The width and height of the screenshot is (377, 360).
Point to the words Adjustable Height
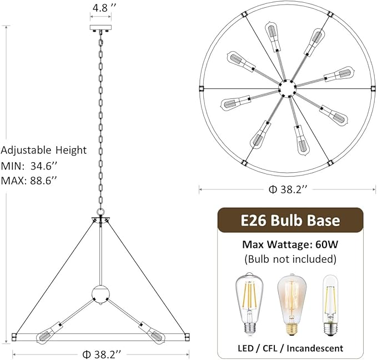pos(44,150)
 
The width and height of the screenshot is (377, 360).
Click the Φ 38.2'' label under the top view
pos(288,189)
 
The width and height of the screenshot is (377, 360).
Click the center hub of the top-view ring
pos(288,88)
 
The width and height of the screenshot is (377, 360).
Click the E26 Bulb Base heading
pos(290,220)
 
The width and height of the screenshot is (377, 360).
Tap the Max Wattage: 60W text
pos(290,244)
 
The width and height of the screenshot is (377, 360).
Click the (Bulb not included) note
pos(290,259)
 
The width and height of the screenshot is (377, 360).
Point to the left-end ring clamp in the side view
pos(15,336)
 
